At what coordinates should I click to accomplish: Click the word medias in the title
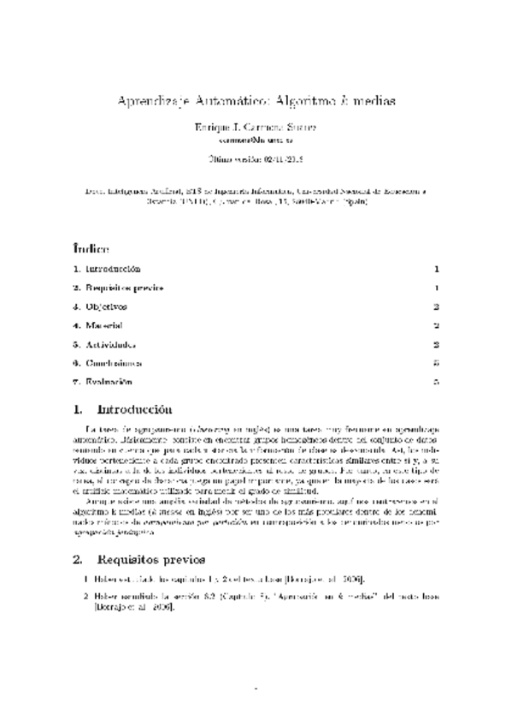[x=374, y=100]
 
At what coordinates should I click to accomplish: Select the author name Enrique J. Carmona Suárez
[x=256, y=127]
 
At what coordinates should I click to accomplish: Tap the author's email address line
[x=256, y=140]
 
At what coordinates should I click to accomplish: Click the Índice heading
[x=91, y=249]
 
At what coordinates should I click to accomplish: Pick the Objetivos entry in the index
[x=106, y=306]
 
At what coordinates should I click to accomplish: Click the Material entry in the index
[x=104, y=325]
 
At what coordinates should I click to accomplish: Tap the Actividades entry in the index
[x=110, y=344]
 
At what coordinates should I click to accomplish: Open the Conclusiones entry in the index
[x=113, y=363]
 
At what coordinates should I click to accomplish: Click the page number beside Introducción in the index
[x=436, y=269]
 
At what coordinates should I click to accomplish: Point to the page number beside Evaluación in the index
[x=436, y=382]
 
